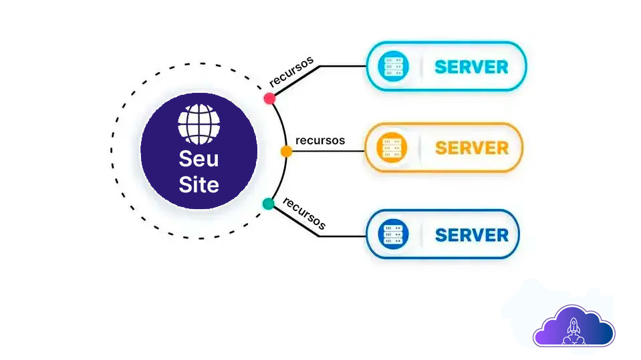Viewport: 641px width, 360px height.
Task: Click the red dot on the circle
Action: click(270, 98)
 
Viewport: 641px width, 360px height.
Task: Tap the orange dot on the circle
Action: click(286, 152)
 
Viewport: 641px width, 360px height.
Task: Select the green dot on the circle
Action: click(269, 204)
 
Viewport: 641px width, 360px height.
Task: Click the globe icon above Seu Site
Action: click(199, 123)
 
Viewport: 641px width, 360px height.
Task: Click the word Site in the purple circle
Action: click(199, 184)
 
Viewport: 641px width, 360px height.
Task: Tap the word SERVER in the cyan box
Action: click(471, 67)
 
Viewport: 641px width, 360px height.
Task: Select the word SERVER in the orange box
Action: click(471, 148)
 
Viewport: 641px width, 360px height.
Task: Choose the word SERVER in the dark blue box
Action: click(471, 234)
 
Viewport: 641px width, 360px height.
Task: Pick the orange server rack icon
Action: click(392, 148)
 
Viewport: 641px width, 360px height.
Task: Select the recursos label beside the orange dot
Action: click(320, 140)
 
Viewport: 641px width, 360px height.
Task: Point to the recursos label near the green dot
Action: click(304, 213)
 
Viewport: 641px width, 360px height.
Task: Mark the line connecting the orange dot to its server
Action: click(328, 150)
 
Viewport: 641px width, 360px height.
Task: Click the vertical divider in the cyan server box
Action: click(421, 67)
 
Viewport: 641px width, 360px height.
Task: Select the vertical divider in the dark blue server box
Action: click(421, 234)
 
